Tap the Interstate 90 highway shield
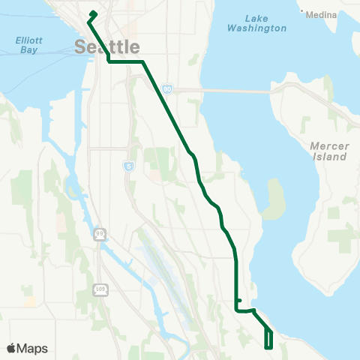[166, 88]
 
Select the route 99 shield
[100, 235]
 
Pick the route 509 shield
[100, 288]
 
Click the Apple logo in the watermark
[11, 348]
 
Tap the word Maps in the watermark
[32, 348]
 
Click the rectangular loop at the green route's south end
[268, 340]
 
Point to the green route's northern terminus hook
[93, 14]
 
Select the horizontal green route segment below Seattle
[126, 61]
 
